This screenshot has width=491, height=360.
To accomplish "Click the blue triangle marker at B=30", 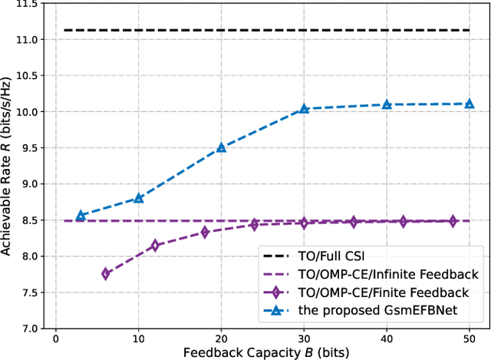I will tap(304, 109).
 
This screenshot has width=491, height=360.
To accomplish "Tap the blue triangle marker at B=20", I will tap(221, 147).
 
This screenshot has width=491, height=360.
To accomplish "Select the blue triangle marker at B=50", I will tap(470, 104).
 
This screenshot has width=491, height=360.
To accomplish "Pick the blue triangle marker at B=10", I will tap(138, 197).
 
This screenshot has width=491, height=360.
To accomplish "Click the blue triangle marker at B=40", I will tap(387, 104).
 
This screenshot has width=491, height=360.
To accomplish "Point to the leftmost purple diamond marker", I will tap(105, 273).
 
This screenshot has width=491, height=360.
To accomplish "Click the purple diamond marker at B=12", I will tap(155, 246).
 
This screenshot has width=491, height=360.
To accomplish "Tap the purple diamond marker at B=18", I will tap(205, 232).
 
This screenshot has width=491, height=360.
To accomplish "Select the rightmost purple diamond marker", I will tap(453, 221).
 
